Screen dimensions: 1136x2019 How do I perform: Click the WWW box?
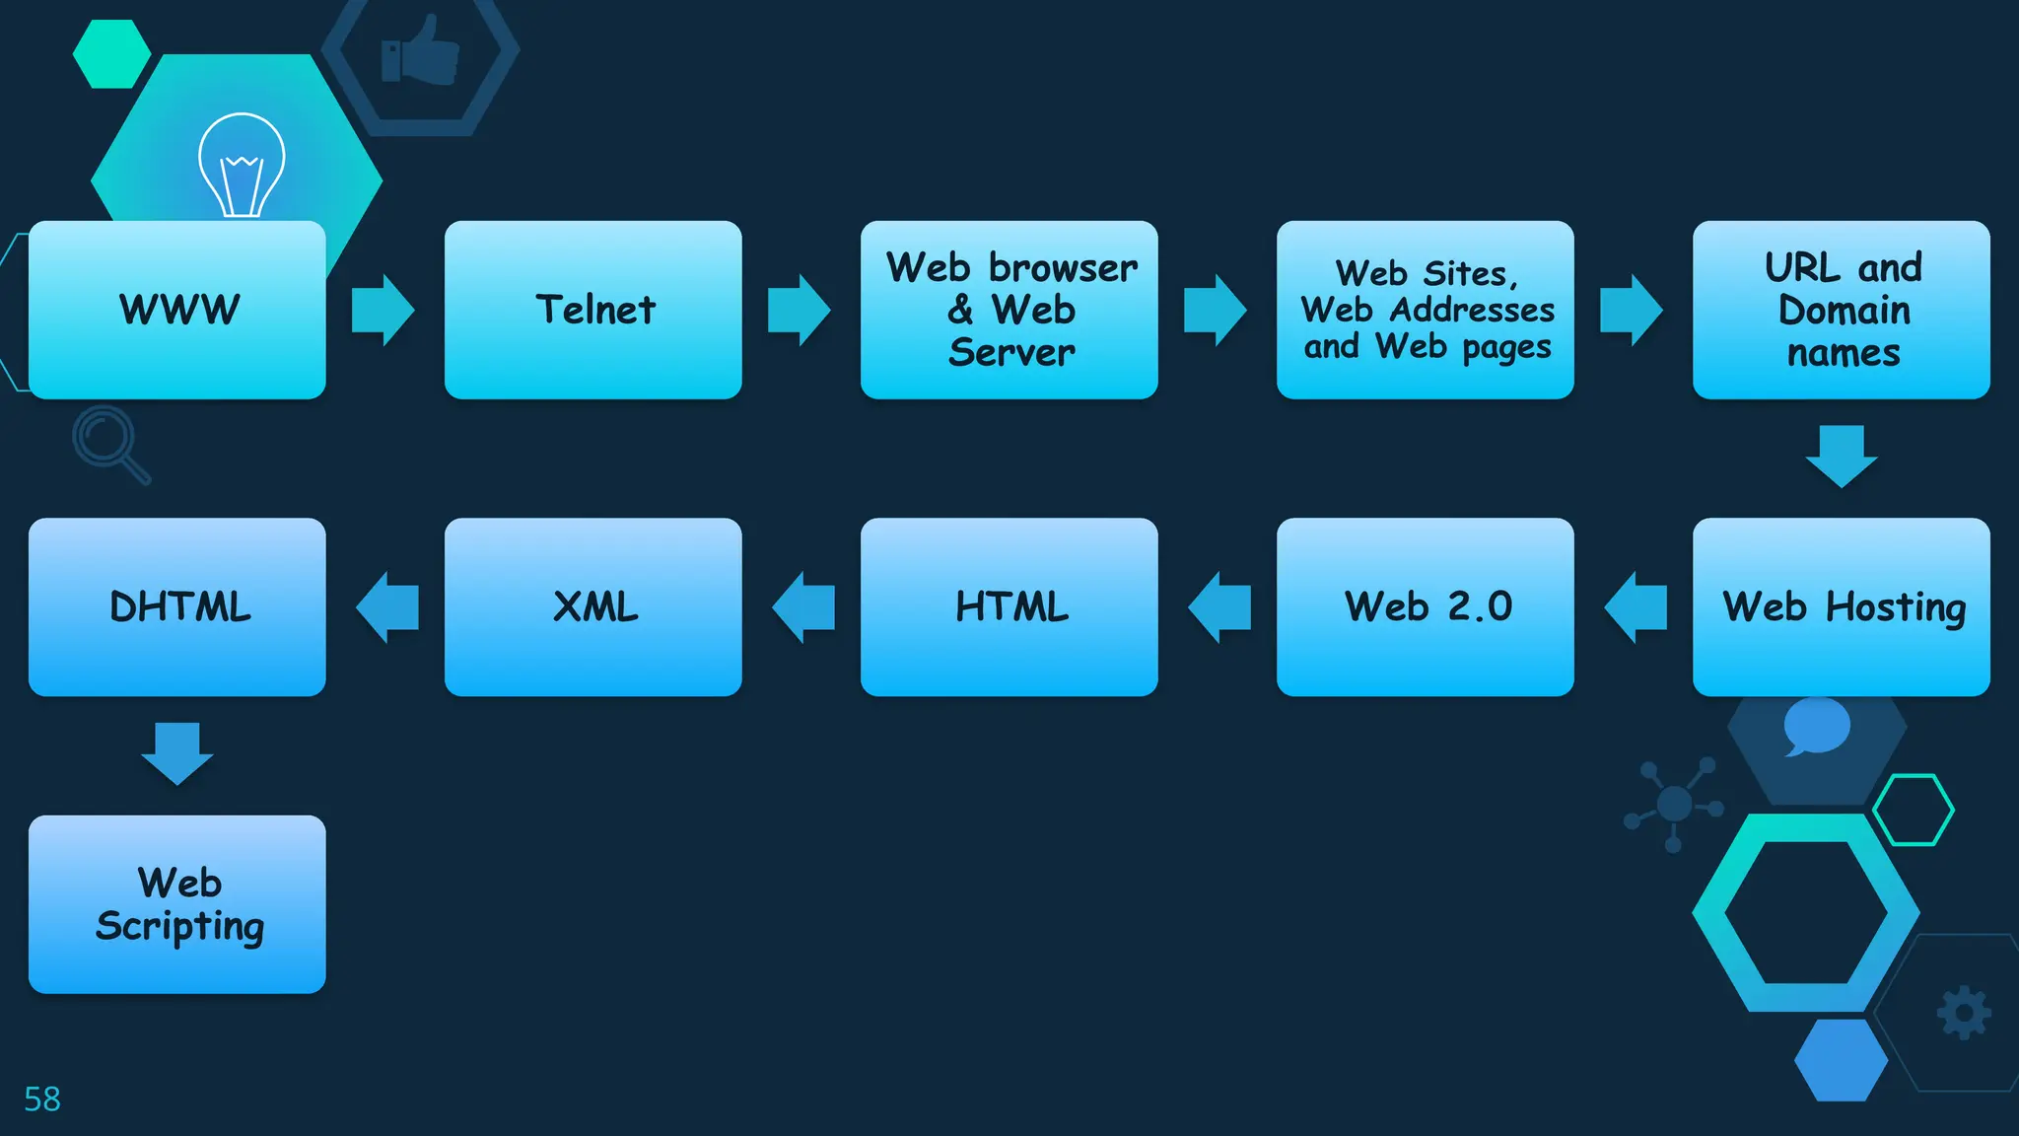click(177, 310)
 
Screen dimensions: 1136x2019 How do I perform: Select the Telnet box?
click(592, 310)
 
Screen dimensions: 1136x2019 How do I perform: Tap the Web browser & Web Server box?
click(1009, 310)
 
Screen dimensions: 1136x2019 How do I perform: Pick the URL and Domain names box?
click(1841, 310)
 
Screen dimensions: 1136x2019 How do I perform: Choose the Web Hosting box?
click(1841, 607)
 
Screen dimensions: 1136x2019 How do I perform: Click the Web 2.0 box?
click(1425, 607)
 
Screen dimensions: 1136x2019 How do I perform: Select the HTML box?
click(1009, 607)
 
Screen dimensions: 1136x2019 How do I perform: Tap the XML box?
click(592, 607)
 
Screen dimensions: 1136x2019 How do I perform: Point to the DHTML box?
click(177, 607)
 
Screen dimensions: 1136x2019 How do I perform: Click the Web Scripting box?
click(177, 904)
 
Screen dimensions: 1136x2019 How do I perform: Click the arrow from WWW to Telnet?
click(383, 311)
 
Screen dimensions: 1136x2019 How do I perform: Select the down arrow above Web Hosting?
click(1841, 456)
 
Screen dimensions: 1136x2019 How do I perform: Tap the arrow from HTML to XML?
click(803, 607)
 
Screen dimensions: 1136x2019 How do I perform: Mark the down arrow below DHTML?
click(177, 753)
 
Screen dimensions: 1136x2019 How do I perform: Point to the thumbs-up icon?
click(421, 50)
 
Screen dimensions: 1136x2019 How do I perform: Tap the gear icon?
click(1964, 1013)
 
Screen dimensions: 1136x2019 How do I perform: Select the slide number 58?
click(42, 1099)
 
